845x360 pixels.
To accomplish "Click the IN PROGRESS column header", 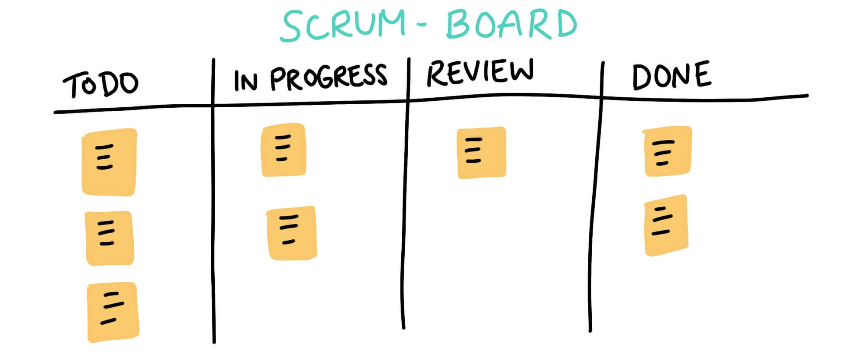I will pyautogui.click(x=310, y=78).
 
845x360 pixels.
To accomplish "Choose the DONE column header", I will pyautogui.click(x=671, y=76).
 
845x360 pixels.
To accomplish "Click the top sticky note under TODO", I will pyautogui.click(x=109, y=162).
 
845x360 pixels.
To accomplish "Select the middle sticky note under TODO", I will pyautogui.click(x=110, y=238).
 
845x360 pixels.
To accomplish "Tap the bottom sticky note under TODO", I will pyautogui.click(x=113, y=312).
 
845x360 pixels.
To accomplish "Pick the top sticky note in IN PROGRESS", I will pyautogui.click(x=284, y=150).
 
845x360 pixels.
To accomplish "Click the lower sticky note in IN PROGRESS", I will pyautogui.click(x=291, y=233).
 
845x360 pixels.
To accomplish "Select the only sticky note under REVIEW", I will pyautogui.click(x=481, y=152).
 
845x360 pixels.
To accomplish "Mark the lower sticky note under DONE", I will pyautogui.click(x=666, y=225).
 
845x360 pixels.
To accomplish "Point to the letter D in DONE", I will pyautogui.click(x=642, y=78).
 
